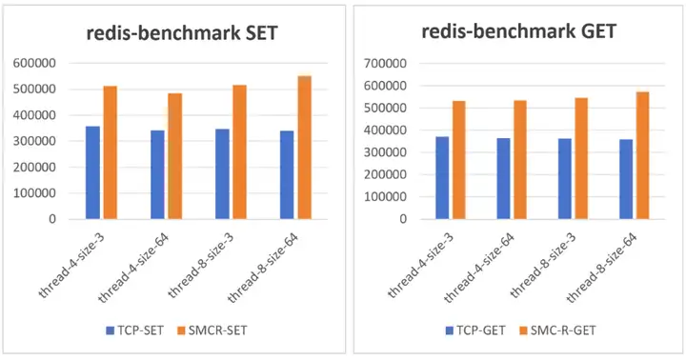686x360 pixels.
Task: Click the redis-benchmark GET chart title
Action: (518, 31)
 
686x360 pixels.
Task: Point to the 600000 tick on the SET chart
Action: (34, 63)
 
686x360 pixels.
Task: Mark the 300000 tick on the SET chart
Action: (34, 141)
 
